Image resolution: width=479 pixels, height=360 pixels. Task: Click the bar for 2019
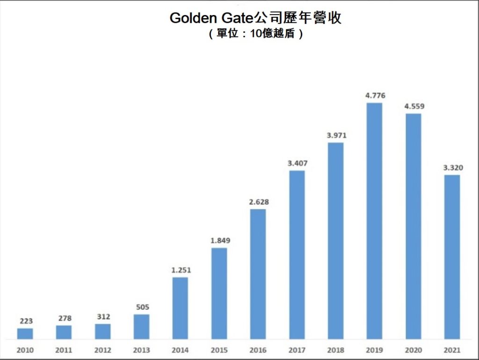click(374, 221)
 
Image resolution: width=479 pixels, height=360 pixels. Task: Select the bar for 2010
click(25, 333)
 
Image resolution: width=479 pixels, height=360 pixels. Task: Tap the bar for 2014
click(180, 308)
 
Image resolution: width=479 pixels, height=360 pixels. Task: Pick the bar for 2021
click(452, 257)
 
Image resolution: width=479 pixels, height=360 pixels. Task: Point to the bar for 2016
click(258, 274)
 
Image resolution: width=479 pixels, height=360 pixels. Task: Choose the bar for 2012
click(103, 331)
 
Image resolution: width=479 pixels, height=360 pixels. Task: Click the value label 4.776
click(375, 96)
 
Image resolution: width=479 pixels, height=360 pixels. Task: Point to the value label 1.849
click(220, 241)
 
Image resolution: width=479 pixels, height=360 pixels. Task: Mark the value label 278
click(65, 318)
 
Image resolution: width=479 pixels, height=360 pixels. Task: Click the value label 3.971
click(336, 136)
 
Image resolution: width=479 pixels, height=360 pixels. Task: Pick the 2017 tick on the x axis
click(297, 350)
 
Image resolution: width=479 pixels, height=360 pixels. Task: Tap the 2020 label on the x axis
click(413, 350)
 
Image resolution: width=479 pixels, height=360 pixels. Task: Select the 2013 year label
click(141, 350)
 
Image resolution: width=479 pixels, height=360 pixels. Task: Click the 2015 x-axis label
click(219, 350)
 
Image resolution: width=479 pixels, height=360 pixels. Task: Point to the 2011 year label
click(64, 350)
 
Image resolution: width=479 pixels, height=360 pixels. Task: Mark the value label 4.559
click(414, 106)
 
